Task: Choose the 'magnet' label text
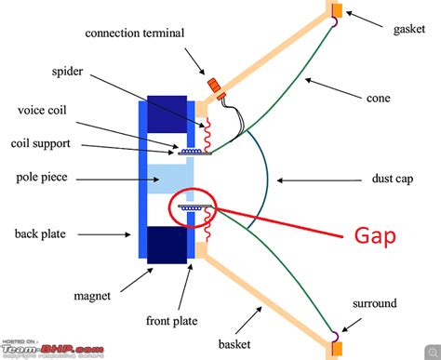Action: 92,297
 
